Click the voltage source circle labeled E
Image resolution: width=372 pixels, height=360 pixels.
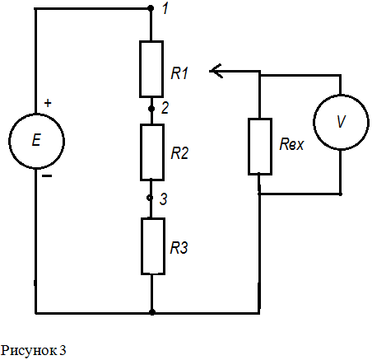coord(9,141)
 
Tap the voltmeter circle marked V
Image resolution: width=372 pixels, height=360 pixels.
coord(314,122)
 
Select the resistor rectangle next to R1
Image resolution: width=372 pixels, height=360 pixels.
coord(140,69)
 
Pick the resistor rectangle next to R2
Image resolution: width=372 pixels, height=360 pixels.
coord(141,152)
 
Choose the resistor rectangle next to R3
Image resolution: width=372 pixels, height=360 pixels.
coord(142,246)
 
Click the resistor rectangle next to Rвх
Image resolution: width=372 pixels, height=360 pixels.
coord(249,147)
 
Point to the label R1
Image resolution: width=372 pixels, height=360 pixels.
coord(179,73)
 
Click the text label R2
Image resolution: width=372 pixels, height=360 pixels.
coord(179,153)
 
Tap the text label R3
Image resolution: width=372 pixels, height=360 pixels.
coord(179,248)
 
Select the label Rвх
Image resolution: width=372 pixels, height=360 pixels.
coord(291,144)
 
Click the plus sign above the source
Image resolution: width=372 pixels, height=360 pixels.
coord(48,103)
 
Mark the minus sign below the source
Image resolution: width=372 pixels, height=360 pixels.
coord(47,176)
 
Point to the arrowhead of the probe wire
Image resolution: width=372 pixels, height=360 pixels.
coord(210,71)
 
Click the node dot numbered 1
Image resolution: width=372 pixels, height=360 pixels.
coord(151,8)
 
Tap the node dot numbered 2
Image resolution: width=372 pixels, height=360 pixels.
coord(151,109)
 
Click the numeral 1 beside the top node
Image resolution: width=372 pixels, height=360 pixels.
coord(165,8)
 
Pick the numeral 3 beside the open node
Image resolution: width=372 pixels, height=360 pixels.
coord(164,199)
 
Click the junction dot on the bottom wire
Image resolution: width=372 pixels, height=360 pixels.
coord(152,312)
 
